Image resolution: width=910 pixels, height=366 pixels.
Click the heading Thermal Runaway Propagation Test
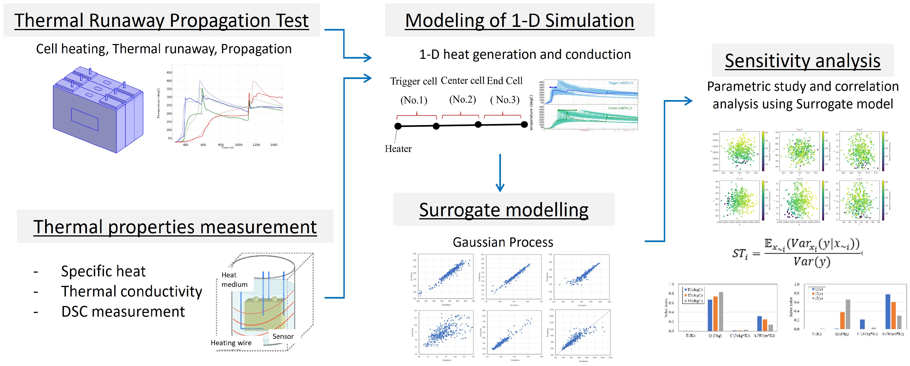[161, 21]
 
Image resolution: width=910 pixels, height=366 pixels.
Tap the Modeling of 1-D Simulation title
[519, 21]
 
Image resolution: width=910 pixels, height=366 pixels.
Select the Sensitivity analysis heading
[802, 61]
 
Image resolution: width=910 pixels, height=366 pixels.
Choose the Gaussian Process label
[503, 243]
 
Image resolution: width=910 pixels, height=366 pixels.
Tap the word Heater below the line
[398, 149]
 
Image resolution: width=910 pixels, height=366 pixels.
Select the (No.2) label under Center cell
[463, 100]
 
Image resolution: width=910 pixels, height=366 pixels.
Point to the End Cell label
[504, 81]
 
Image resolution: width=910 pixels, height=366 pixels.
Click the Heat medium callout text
[234, 280]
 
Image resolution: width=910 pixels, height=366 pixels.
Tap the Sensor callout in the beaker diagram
[283, 336]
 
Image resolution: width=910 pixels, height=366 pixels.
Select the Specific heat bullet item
[103, 271]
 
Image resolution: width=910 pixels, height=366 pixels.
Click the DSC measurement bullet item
[123, 312]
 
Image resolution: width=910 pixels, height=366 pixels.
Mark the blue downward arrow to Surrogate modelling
[500, 173]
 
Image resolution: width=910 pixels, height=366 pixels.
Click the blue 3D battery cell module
[98, 110]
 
